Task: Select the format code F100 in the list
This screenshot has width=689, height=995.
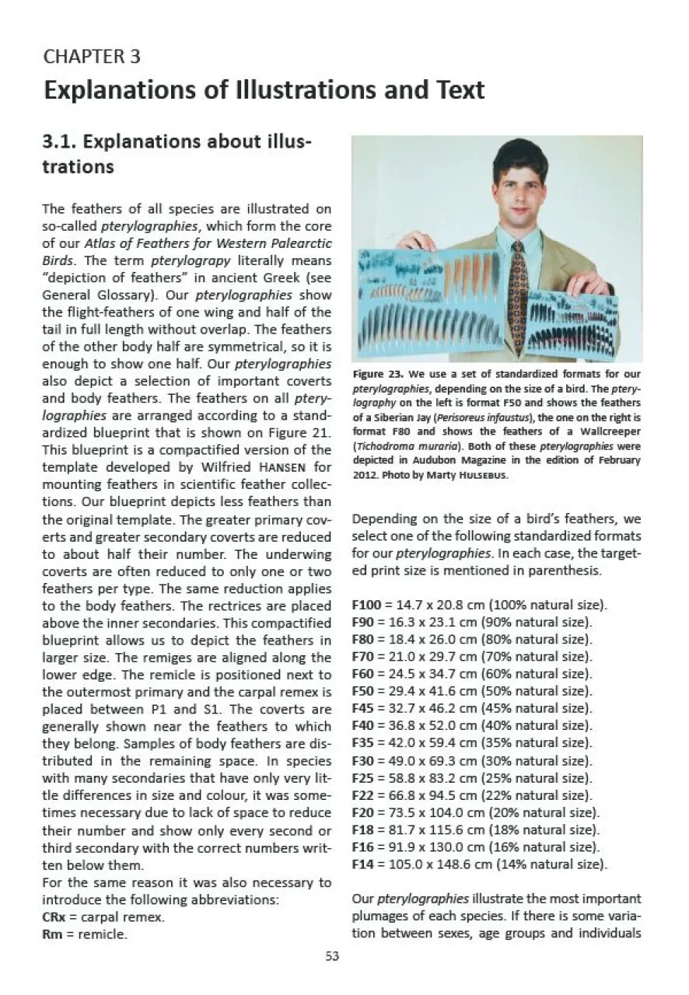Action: (x=369, y=605)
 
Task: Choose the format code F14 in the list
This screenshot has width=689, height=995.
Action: (x=366, y=863)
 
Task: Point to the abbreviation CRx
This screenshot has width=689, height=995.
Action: (x=53, y=917)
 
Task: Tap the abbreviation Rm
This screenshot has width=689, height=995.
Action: (x=51, y=934)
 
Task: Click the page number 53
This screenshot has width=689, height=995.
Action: (x=332, y=957)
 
